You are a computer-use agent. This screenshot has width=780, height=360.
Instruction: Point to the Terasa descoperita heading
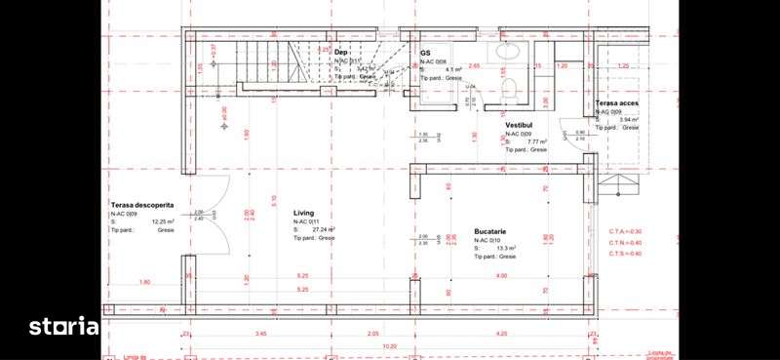coord(142,205)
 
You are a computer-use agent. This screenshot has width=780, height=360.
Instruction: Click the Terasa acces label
coord(617,103)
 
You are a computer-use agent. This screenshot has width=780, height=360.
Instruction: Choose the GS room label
coord(426,53)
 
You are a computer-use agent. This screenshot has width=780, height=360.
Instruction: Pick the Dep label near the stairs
coord(342,53)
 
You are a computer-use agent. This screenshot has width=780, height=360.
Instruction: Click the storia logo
coord(63,325)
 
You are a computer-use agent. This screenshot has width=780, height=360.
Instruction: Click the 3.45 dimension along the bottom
coord(261,334)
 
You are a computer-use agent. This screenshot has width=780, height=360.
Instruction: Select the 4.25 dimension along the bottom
coord(500,334)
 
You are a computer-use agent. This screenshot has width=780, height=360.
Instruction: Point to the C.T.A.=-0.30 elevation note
coord(625,230)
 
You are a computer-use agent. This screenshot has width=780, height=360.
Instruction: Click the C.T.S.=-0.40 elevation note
coord(625,254)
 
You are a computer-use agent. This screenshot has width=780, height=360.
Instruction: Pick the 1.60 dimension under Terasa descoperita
coord(144,282)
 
